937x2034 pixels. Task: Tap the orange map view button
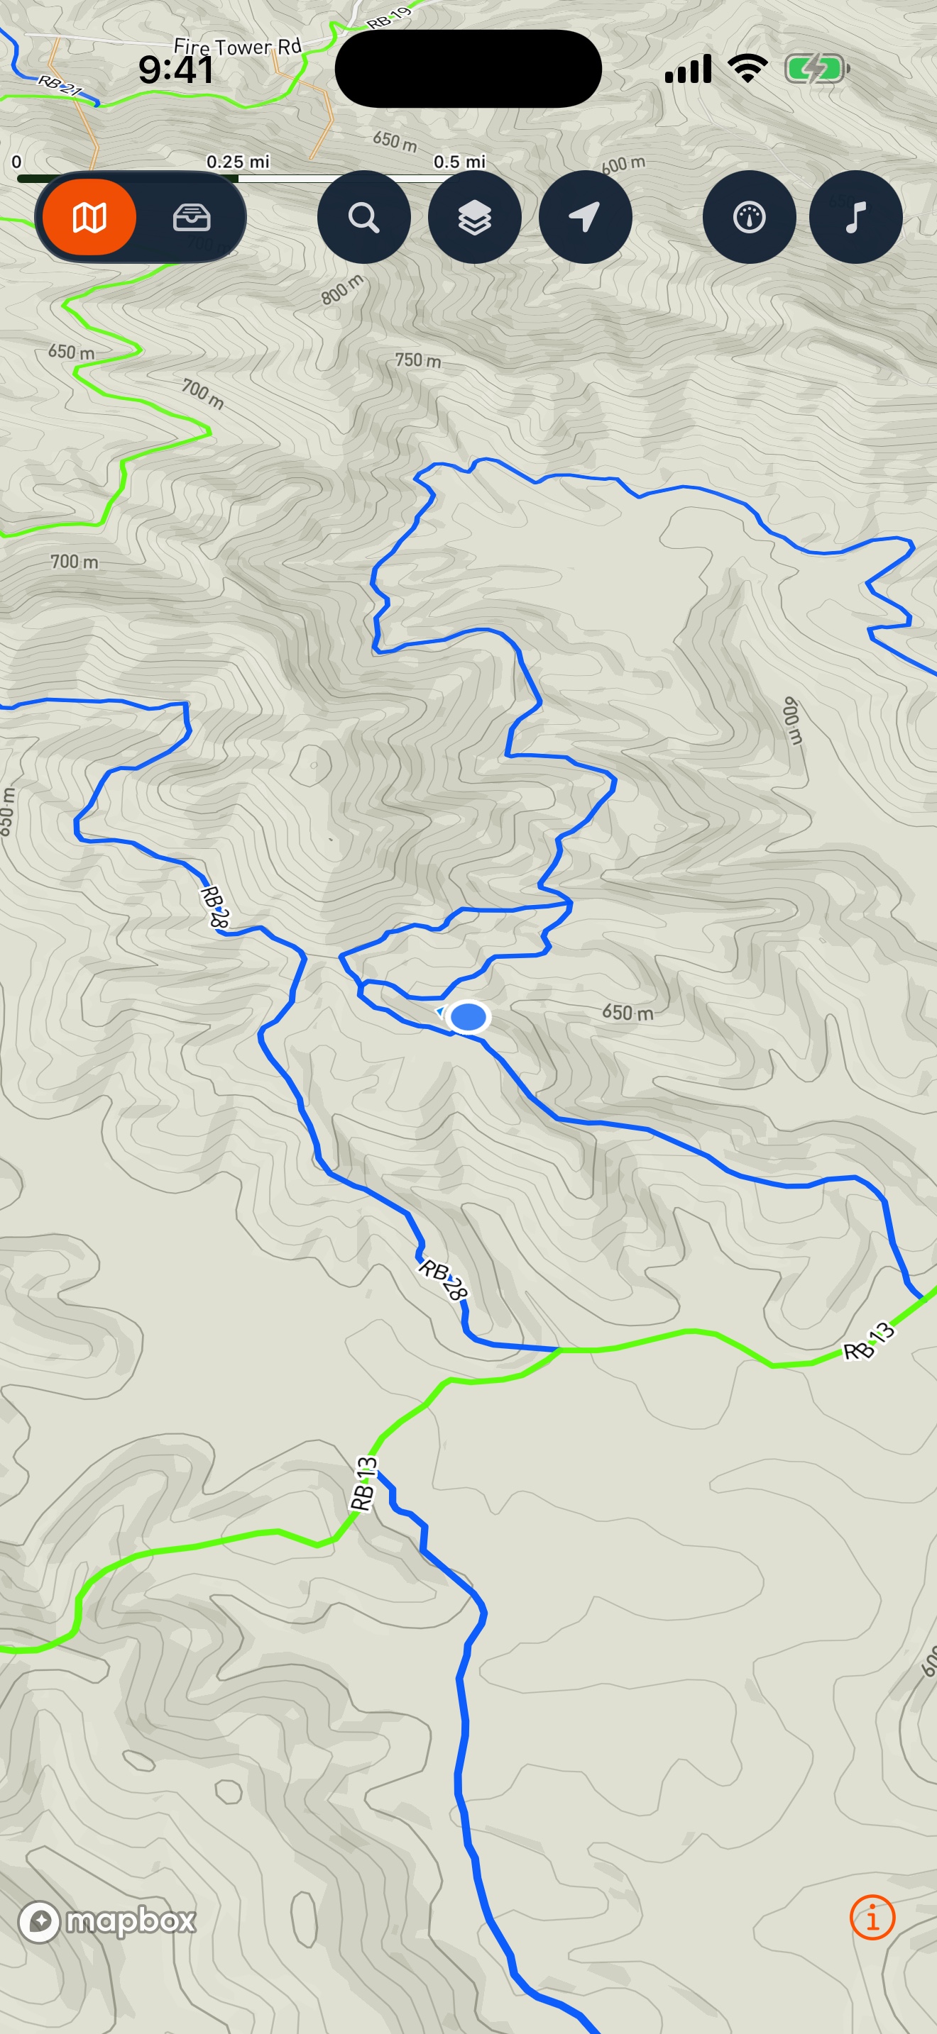pos(89,217)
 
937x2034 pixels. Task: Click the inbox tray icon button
pos(191,217)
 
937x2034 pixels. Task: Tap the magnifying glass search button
pos(363,217)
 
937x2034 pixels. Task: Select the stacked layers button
pos(474,217)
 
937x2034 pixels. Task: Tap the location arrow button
pos(585,217)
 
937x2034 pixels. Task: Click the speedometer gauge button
pos(749,217)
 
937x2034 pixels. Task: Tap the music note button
pos(855,217)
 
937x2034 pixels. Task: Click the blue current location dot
pos(468,1017)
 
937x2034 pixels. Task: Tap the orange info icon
pos(872,1917)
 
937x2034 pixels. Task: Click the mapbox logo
pos(107,1921)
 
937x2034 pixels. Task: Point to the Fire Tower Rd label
pos(238,48)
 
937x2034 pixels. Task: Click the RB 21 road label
pos(59,85)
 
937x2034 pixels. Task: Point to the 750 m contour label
pos(418,361)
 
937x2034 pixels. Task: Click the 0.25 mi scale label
pos(238,162)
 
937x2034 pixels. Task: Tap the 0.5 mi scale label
pos(459,162)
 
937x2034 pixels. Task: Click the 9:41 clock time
pos(175,70)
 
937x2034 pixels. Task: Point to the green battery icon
pos(816,70)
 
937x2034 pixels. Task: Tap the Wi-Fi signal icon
pos(747,69)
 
